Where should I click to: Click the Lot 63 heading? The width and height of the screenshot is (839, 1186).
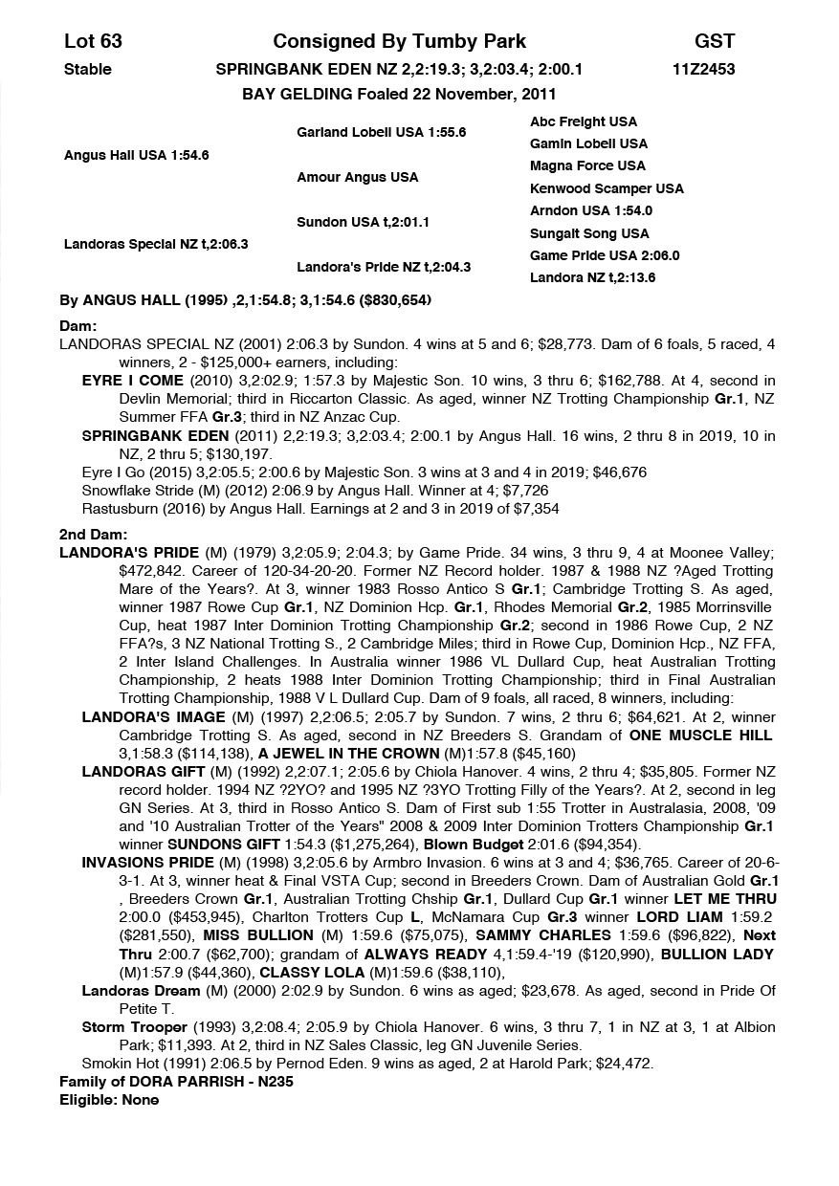point(93,41)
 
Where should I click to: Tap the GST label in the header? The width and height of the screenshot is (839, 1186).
point(714,41)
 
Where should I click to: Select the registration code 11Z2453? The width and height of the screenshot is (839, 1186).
point(704,69)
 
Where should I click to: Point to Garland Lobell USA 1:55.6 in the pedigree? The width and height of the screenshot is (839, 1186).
point(381,133)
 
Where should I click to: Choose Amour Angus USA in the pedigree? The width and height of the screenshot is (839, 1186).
point(357,177)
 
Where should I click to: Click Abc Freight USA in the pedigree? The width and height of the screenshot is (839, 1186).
point(583,121)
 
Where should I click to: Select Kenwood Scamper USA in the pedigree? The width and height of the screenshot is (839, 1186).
point(607,188)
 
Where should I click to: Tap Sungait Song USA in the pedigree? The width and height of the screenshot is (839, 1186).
point(588,233)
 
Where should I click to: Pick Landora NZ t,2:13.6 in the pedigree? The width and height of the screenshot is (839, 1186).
point(593,278)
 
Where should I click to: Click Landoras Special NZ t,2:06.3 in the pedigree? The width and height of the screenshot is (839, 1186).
point(155,244)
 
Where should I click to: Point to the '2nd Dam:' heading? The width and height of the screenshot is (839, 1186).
point(93,535)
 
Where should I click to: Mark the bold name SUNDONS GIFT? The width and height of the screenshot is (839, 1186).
point(212,844)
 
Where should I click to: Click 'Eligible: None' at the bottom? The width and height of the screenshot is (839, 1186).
point(109,1100)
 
